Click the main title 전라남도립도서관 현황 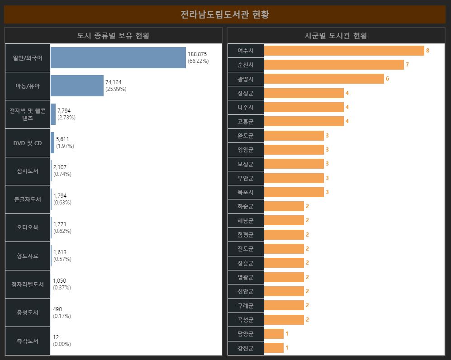(225, 14)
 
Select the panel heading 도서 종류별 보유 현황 (114, 36)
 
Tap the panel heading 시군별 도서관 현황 (336, 36)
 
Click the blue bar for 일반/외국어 (118, 57)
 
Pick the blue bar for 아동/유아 (77, 86)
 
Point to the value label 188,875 (197, 54)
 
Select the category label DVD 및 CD (28, 143)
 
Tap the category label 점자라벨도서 (28, 284)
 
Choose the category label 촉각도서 (28, 341)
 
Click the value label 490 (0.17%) (62, 313)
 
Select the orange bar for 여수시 (344, 51)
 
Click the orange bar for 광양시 (323, 79)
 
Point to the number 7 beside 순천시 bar (407, 65)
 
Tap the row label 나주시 (246, 107)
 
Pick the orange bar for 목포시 (294, 192)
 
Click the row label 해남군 (246, 221)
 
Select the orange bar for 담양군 (273, 334)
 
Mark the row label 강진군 (246, 348)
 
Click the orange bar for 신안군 (284, 291)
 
